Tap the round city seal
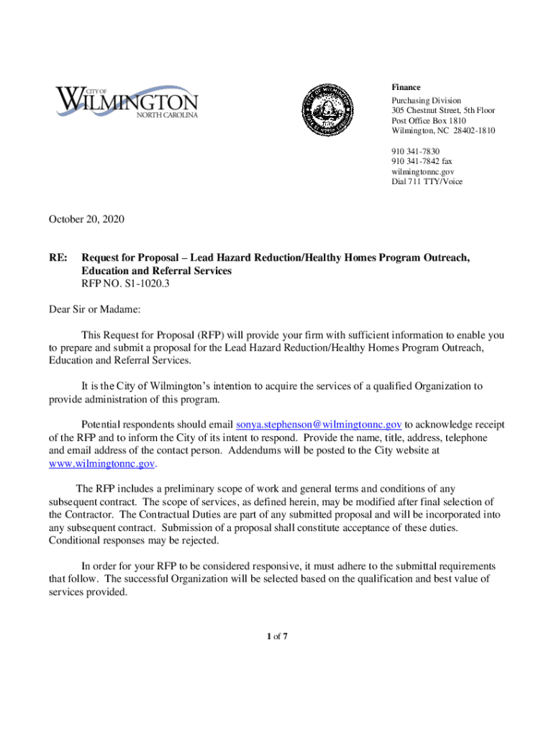pos(327,109)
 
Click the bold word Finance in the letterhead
pos(406,87)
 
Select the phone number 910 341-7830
pos(415,151)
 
